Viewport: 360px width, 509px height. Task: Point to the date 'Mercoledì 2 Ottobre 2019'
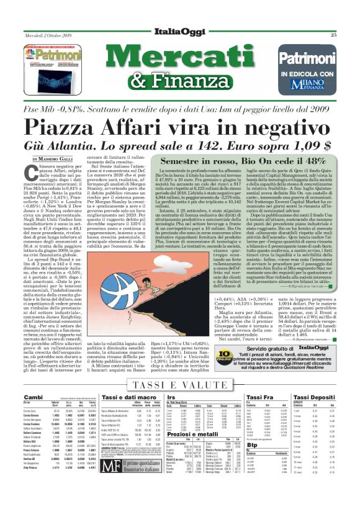coord(47,35)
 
